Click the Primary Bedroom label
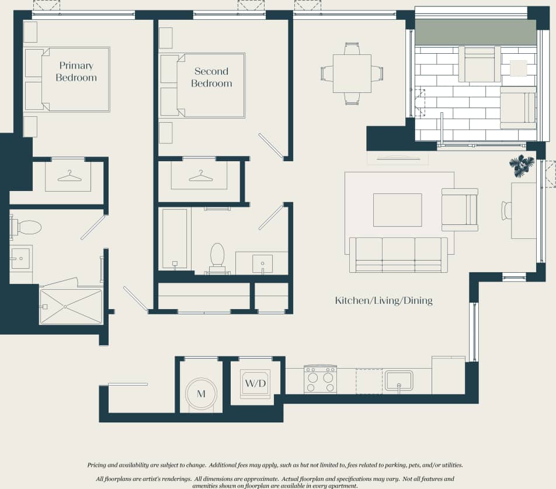[x=77, y=72]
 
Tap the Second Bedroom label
[x=211, y=77]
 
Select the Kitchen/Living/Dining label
[x=383, y=301]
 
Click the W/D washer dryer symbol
[x=255, y=384]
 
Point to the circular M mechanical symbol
[x=201, y=394]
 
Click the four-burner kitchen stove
[x=320, y=380]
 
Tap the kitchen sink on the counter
[x=399, y=381]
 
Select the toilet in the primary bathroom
[x=26, y=227]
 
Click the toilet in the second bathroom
[x=217, y=257]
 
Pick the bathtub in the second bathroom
[x=175, y=238]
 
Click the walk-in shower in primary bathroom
[x=71, y=306]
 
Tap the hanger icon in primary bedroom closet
[x=69, y=175]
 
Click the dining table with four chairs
[x=352, y=74]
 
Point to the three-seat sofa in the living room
[x=398, y=254]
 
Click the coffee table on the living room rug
[x=397, y=210]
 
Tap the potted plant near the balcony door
[x=521, y=165]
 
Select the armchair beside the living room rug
[x=460, y=210]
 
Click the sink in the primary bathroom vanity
[x=20, y=258]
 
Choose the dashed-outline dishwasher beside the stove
[x=369, y=381]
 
